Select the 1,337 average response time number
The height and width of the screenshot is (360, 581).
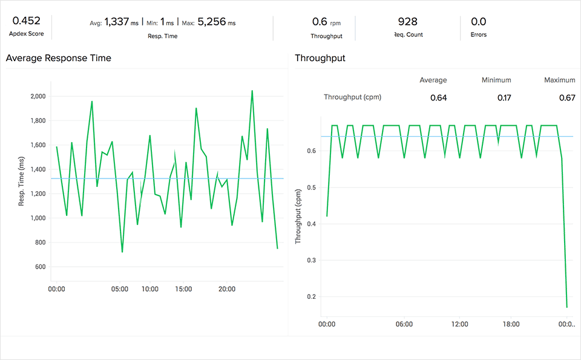[x=117, y=22]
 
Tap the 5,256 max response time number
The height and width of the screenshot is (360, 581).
[x=211, y=22]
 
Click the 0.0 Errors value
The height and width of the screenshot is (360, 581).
[x=478, y=22]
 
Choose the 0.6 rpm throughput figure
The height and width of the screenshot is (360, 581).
[x=320, y=22]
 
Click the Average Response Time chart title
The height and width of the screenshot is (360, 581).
[x=58, y=58]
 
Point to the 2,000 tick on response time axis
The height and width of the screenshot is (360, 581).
[x=38, y=96]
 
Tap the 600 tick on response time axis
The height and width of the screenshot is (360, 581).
[x=41, y=267]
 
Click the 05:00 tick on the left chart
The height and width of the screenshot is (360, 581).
[x=120, y=289]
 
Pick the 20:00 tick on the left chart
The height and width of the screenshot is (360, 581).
[x=227, y=289]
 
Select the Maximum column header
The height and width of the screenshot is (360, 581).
[x=559, y=80]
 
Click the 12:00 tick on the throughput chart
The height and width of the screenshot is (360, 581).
[x=460, y=324]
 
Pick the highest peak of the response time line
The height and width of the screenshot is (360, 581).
[x=252, y=91]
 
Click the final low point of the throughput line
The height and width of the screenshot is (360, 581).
[x=567, y=307]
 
